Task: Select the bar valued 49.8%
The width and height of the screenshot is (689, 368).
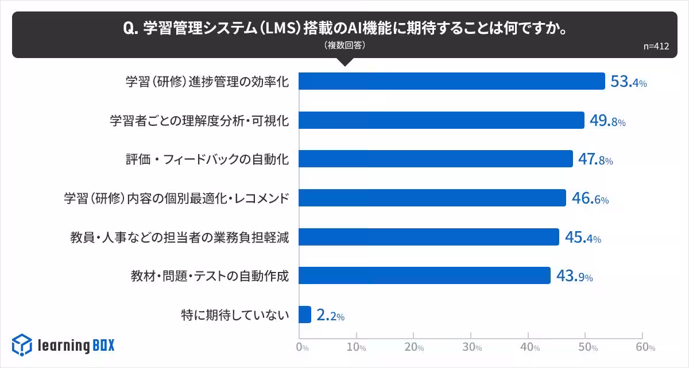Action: pyautogui.click(x=442, y=120)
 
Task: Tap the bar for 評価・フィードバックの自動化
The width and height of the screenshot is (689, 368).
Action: pyautogui.click(x=436, y=159)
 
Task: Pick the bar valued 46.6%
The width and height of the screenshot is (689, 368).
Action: pyautogui.click(x=432, y=198)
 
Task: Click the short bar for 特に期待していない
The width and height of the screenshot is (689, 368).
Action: pyautogui.click(x=305, y=315)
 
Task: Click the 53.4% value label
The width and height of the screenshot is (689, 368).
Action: pyautogui.click(x=628, y=82)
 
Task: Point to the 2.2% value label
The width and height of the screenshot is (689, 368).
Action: pyautogui.click(x=330, y=315)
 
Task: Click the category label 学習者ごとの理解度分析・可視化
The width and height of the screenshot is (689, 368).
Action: pyautogui.click(x=199, y=121)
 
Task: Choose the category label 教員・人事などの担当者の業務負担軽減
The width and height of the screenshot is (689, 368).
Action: pyautogui.click(x=179, y=237)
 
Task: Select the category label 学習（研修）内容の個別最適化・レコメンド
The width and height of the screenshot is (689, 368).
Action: pyautogui.click(x=176, y=198)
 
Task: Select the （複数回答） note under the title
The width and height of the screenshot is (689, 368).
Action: pyautogui.click(x=344, y=45)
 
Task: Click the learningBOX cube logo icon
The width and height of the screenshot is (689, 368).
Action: pyautogui.click(x=22, y=345)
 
